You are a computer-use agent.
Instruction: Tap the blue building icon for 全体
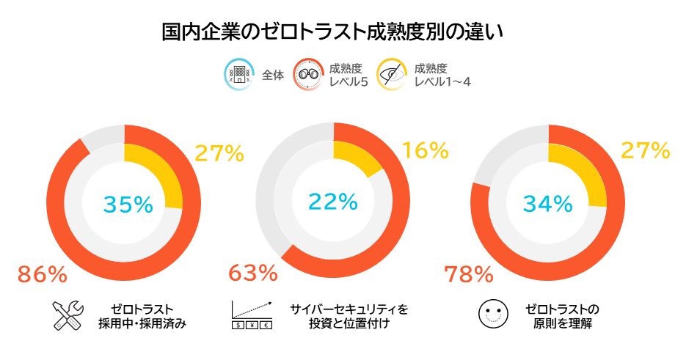coord(238,74)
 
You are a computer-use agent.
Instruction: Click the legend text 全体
coord(272,75)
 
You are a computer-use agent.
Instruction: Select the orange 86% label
coord(42,275)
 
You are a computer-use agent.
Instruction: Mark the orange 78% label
coord(469,275)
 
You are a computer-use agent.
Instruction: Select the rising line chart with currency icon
coord(252,315)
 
